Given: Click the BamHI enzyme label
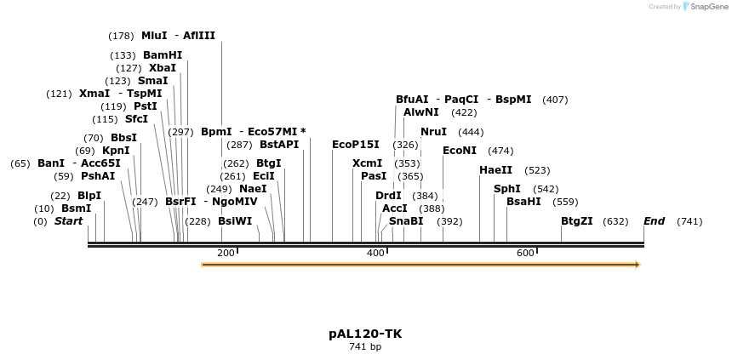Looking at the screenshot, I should [x=162, y=55].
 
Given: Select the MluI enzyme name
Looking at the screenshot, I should [x=154, y=36].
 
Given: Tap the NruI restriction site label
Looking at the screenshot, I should [x=433, y=132].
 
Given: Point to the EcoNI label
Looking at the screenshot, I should [x=460, y=151].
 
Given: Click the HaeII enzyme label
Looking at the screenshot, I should [x=495, y=170].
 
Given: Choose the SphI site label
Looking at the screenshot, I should [x=506, y=189].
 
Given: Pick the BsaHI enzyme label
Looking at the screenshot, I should [x=523, y=202].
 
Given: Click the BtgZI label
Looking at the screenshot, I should [x=577, y=221].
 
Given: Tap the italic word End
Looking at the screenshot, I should [x=654, y=221].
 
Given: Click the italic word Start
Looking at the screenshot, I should [x=69, y=221].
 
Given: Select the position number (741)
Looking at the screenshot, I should [x=689, y=221].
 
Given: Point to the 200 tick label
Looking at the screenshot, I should [x=226, y=253].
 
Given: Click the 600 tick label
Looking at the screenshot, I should [x=525, y=253].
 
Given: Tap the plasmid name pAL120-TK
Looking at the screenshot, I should [x=365, y=334].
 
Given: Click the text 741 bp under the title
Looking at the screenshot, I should [x=365, y=346].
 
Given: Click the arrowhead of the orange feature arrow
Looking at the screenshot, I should [x=636, y=265].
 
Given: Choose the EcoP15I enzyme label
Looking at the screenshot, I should [x=356, y=145].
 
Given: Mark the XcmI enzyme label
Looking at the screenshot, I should [x=367, y=163].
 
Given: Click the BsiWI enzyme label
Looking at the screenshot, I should [x=235, y=221].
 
